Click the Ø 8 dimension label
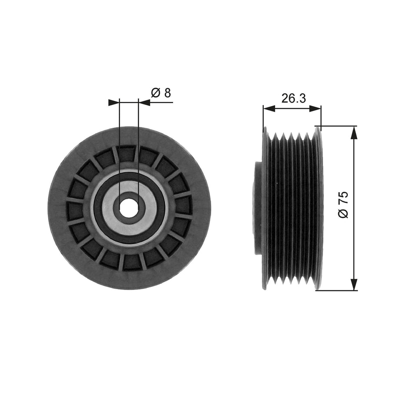(x=161, y=93)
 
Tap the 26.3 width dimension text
(x=293, y=98)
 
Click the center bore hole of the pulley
(x=129, y=208)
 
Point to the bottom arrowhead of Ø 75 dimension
(x=355, y=285)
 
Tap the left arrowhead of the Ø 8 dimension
(x=113, y=103)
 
